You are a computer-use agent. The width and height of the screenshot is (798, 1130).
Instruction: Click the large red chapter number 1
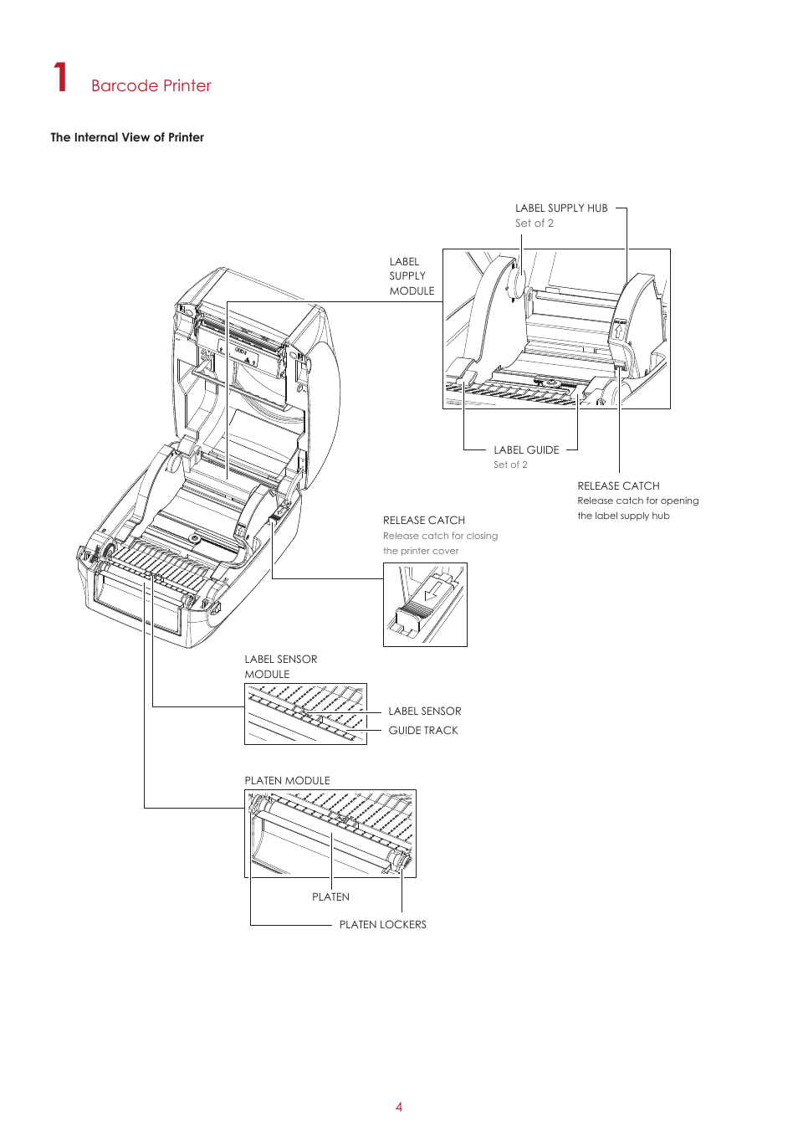point(60,77)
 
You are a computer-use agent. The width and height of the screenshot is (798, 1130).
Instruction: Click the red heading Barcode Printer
point(151,85)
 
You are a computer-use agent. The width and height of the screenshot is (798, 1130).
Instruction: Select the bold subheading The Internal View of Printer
point(127,137)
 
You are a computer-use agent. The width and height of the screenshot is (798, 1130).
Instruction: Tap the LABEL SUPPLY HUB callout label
point(561,208)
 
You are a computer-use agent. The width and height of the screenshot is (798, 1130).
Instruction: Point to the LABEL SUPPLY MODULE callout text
point(412,276)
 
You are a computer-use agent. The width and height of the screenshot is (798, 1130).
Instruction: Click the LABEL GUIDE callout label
point(526,449)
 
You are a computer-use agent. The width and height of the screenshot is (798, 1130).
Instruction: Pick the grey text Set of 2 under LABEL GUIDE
point(510,465)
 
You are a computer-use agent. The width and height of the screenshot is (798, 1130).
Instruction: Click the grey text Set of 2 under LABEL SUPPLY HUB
point(534,223)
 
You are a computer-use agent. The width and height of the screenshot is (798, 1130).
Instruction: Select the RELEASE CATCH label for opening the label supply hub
point(618,485)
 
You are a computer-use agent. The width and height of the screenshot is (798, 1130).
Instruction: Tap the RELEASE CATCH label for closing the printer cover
point(424,520)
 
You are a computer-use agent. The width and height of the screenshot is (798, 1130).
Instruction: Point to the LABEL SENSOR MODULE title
point(281,666)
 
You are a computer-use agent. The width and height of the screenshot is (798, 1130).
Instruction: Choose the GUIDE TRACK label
point(423,730)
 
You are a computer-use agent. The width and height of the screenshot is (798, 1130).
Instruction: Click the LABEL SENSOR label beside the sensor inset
point(424,711)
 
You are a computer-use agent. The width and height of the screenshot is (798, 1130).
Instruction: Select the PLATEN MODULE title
point(287,780)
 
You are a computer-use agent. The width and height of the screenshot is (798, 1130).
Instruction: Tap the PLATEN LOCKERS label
point(382,924)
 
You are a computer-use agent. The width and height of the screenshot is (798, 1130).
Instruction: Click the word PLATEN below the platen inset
point(330,896)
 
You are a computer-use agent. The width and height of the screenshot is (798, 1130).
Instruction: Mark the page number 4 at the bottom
point(399,1107)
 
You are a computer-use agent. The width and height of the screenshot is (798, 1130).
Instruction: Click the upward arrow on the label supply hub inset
point(619,331)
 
